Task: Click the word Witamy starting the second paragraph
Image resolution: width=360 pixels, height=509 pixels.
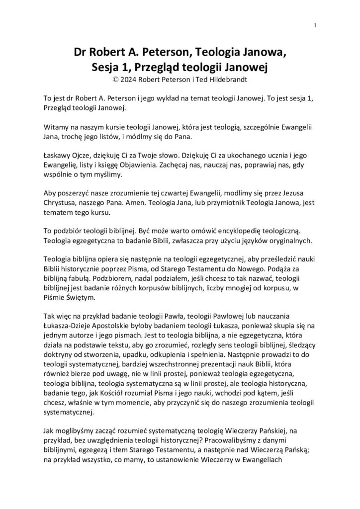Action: [56, 127]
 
